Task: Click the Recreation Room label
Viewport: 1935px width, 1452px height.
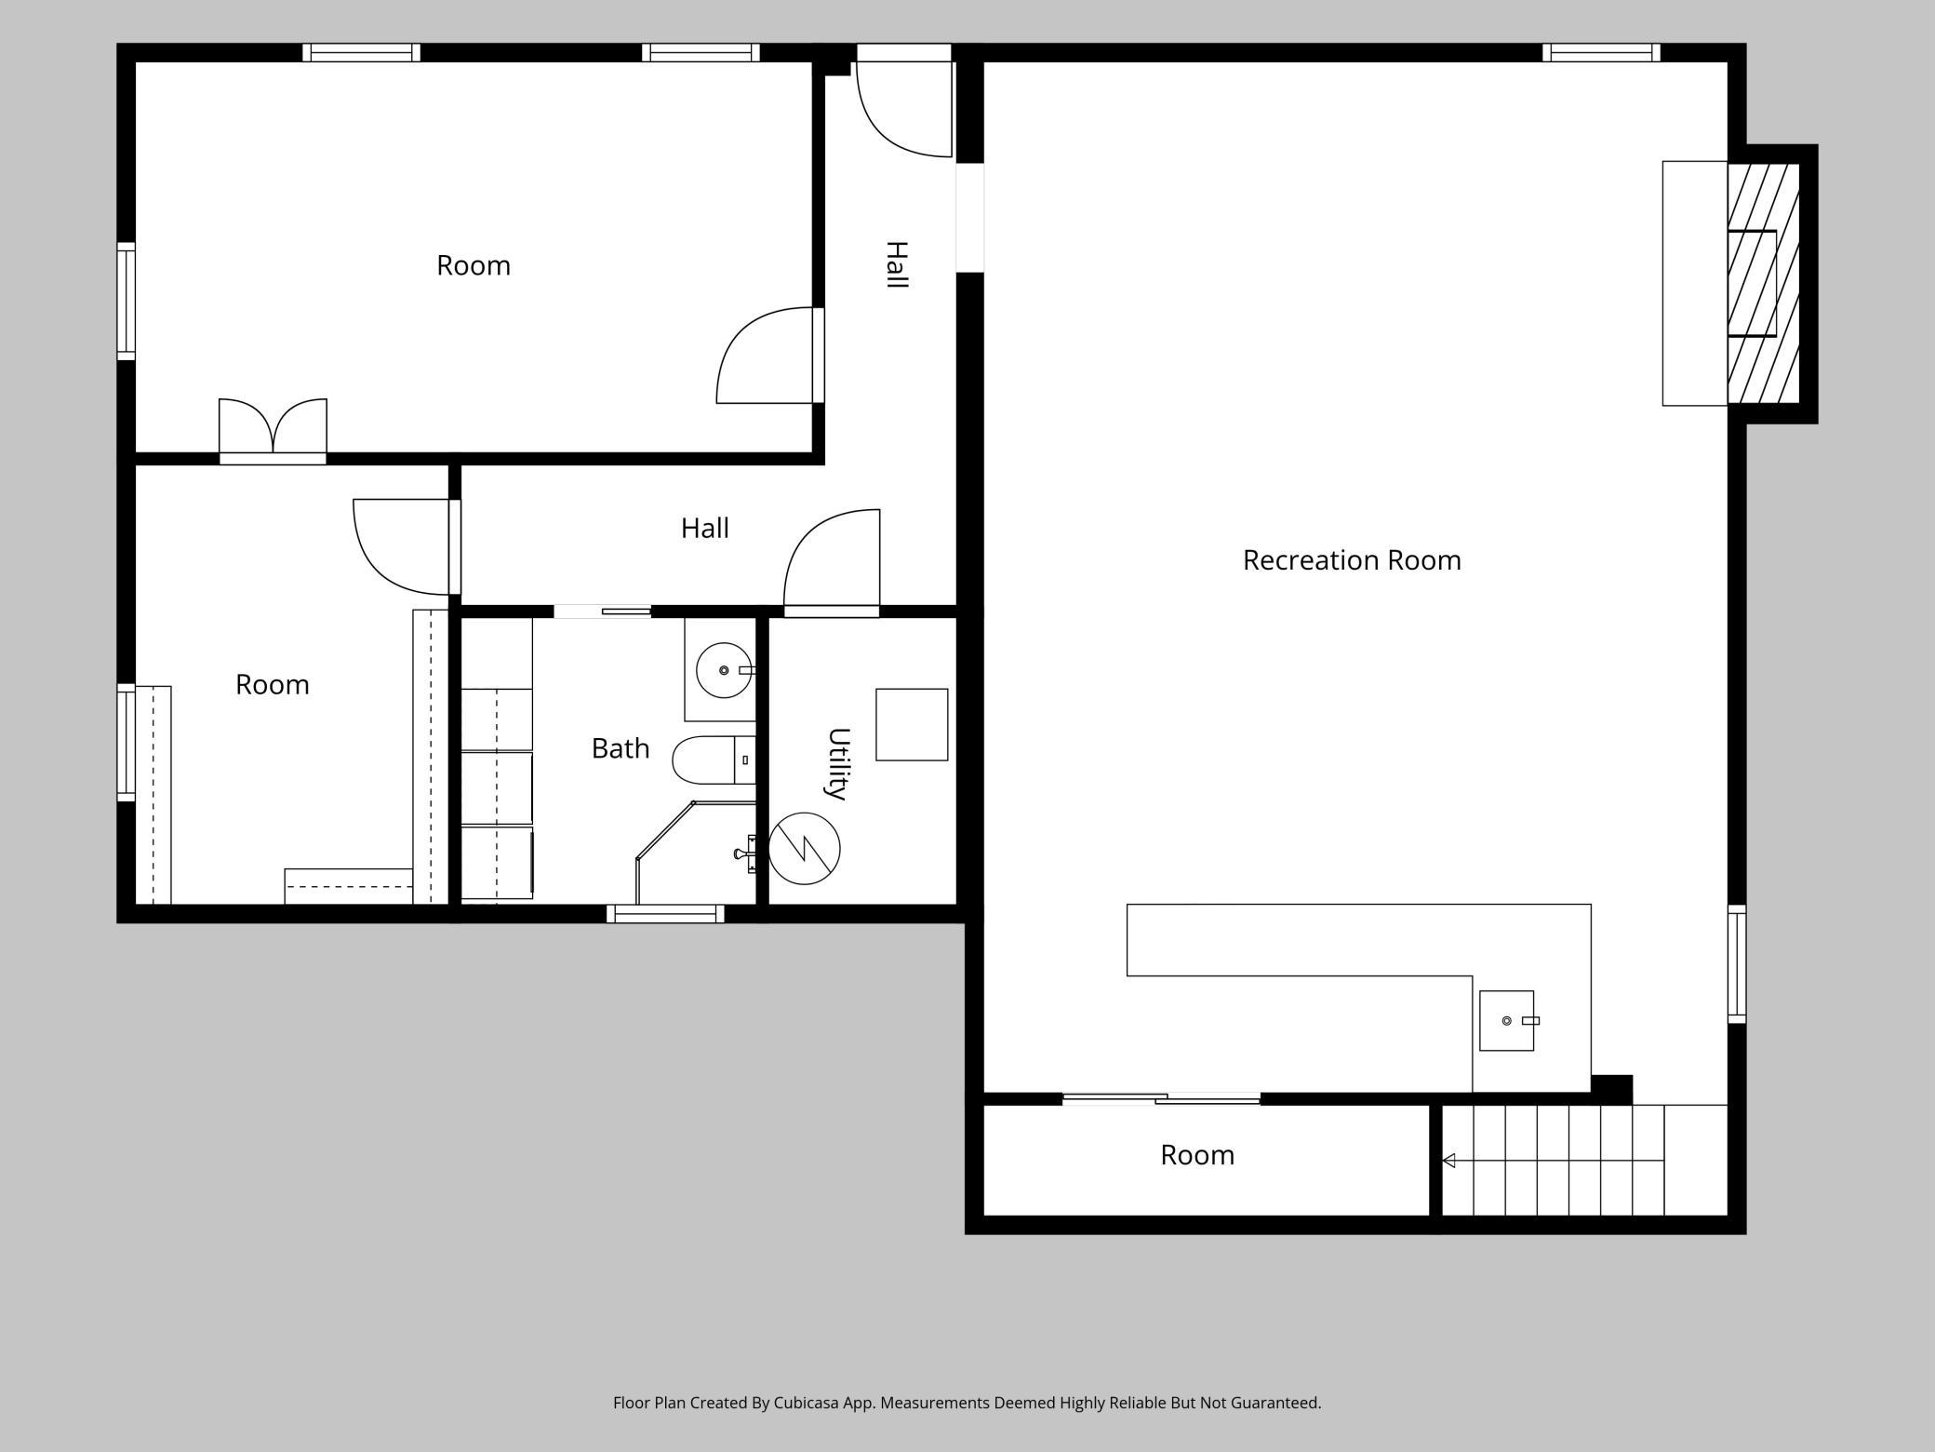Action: point(1352,560)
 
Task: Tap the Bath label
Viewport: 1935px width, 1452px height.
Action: point(621,748)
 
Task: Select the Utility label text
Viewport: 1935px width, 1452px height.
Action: point(838,763)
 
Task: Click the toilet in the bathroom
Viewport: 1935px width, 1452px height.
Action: point(714,760)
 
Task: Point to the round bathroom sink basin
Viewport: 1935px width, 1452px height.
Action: point(724,670)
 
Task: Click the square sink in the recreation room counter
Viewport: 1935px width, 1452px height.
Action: point(1507,1021)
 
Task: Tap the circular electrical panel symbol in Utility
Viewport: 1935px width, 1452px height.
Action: point(805,848)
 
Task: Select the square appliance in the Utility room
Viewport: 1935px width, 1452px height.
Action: point(912,725)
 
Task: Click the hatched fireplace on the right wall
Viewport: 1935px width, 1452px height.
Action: point(1764,284)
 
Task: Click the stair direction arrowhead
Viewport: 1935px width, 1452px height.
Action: point(1448,1161)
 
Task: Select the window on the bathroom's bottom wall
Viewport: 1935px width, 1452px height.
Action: point(665,914)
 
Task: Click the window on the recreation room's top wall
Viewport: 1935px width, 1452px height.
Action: point(1601,52)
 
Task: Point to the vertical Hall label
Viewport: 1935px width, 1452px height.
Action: point(896,264)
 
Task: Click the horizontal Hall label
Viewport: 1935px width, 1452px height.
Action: point(704,529)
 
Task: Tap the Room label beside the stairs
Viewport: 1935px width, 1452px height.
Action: point(1197,1155)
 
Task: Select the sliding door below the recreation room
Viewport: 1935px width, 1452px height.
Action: point(1161,1099)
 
